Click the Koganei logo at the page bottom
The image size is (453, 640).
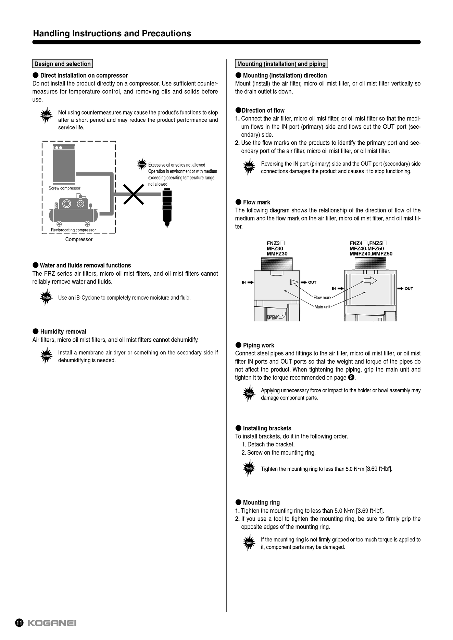pos(52,623)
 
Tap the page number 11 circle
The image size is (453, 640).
pos(19,623)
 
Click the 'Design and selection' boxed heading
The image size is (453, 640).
pos(63,64)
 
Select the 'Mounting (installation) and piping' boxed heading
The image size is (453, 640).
pos(281,64)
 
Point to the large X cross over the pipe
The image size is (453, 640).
pos(134,194)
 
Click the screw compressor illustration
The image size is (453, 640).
pos(64,164)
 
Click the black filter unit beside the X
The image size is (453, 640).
pos(167,207)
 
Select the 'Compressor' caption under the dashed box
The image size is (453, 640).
pos(79,239)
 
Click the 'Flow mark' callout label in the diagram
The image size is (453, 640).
pos(322,298)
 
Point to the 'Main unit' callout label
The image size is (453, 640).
pos(322,307)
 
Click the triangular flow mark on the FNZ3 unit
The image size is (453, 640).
pos(294,282)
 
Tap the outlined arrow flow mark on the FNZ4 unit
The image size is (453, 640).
pos(370,281)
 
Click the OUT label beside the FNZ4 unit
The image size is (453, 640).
pos(409,289)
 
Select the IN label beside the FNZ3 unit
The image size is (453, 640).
pos(244,283)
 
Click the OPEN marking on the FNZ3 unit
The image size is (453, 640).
pos(272,317)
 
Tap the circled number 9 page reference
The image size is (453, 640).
pos(351,378)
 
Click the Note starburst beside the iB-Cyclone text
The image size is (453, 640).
pos(46,298)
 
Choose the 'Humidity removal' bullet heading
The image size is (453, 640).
pos(63,332)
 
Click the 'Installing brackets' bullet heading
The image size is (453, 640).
pos(267,428)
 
